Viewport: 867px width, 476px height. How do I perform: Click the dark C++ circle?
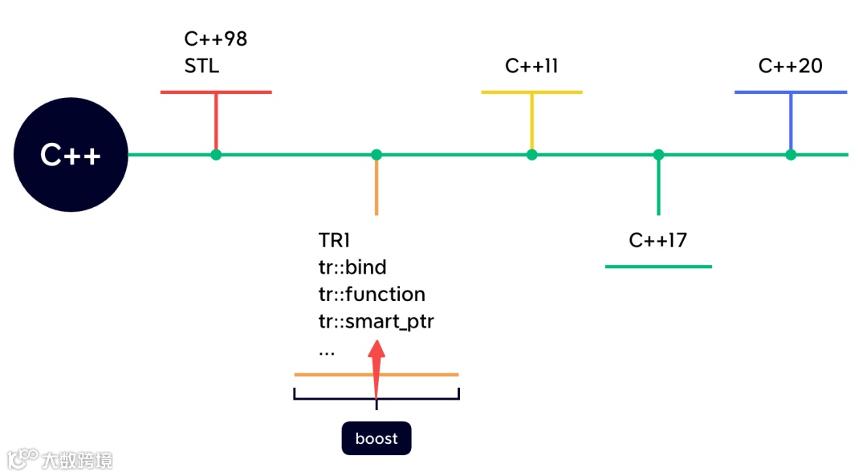click(x=71, y=155)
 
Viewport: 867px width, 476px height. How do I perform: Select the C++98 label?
click(x=216, y=39)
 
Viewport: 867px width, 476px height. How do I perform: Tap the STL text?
click(x=201, y=67)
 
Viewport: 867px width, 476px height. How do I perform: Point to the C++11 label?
click(x=531, y=67)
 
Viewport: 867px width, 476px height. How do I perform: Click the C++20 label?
click(x=790, y=67)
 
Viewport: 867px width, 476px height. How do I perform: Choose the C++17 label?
click(x=658, y=241)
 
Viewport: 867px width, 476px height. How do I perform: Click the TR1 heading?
click(x=334, y=241)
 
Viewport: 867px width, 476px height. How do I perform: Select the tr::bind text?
click(x=352, y=267)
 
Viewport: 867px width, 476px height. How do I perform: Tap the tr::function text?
click(x=372, y=294)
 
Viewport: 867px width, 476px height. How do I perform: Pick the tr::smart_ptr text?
click(x=376, y=322)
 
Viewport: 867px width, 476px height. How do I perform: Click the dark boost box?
click(x=377, y=438)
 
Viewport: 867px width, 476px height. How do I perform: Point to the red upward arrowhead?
click(x=377, y=350)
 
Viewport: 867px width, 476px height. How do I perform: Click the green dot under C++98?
click(x=216, y=155)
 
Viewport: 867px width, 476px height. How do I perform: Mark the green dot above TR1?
click(x=377, y=155)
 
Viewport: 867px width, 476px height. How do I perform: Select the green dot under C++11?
click(x=532, y=155)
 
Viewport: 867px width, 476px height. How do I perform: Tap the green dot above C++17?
click(x=658, y=155)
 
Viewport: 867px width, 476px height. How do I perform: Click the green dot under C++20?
click(x=791, y=155)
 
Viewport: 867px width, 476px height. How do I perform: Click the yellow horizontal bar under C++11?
click(x=532, y=92)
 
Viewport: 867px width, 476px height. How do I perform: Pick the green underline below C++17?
click(x=658, y=266)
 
